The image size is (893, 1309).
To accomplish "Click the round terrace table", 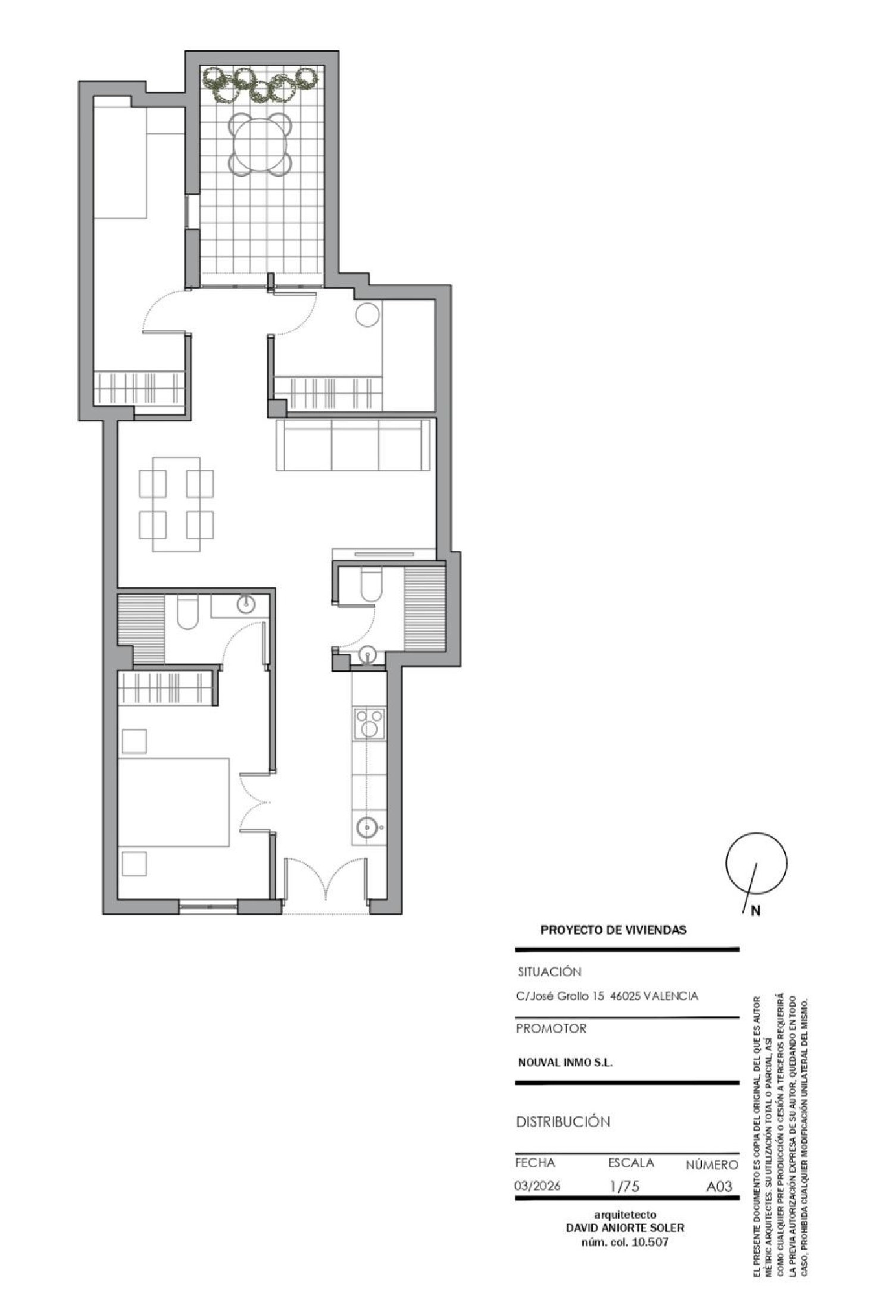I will coord(261,145).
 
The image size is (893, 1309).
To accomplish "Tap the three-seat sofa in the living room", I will coord(353,444).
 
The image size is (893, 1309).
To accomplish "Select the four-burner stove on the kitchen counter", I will coord(369,724).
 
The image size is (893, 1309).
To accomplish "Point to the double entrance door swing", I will coord(325,879).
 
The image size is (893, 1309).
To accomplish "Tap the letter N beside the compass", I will coord(755,911).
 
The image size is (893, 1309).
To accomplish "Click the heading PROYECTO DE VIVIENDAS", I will coord(613,930).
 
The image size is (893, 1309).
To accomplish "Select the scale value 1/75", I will coord(625,1186).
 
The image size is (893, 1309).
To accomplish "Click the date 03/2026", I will coord(538,1186).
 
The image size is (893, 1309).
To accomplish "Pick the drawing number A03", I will coord(719,1186).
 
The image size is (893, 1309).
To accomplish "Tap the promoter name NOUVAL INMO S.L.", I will coord(565,1062).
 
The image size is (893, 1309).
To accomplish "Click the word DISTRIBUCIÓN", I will coord(563,1122).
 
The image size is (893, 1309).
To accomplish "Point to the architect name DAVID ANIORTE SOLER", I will coord(625,1228).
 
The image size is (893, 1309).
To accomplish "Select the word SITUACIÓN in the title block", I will coord(549,972).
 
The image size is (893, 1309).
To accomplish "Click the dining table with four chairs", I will coord(176,504).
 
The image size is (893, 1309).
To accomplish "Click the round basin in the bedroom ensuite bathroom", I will coord(246,605).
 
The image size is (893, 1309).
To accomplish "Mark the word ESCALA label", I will coord(631,1162).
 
